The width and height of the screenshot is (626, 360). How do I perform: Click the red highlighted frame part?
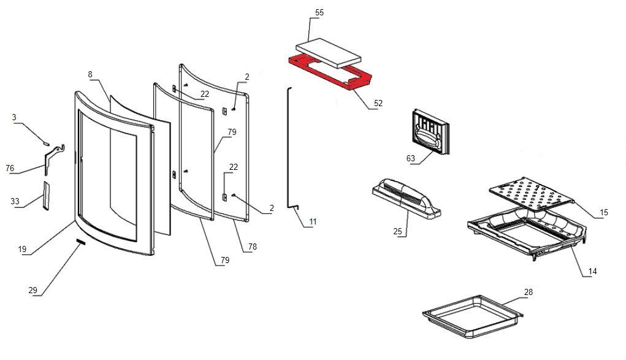coord(362,80)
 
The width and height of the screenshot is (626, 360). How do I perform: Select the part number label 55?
coord(319,13)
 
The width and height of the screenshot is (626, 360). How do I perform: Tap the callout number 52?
coord(378,103)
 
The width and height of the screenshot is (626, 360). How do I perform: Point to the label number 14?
coord(592,271)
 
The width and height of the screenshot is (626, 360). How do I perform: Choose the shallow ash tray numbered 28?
coord(472,316)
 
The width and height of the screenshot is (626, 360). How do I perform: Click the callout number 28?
coord(529,292)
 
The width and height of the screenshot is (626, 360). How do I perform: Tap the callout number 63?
coord(411,158)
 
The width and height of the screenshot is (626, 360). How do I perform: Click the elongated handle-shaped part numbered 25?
coord(406,198)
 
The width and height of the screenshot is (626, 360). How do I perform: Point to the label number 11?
coord(313,221)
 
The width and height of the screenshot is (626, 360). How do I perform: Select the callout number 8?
coord(90,75)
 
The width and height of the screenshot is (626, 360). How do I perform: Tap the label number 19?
coord(22,250)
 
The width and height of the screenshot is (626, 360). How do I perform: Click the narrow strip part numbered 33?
coord(45,195)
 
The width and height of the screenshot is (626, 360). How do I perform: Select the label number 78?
coord(253,247)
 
